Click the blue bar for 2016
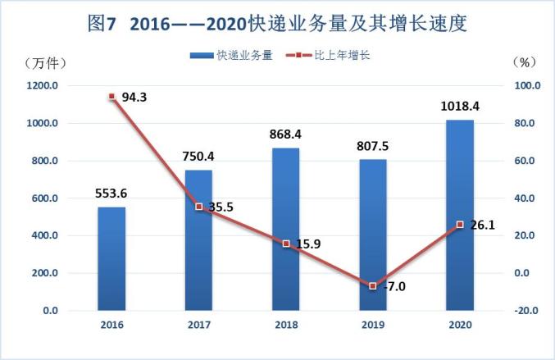(111, 259)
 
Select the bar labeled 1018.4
(460, 215)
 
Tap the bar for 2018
(285, 230)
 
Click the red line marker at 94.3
(111, 96)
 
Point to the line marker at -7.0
(373, 285)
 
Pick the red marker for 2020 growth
(460, 225)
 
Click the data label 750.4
(198, 157)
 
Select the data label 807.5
(372, 146)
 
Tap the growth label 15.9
(308, 244)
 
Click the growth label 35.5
(221, 207)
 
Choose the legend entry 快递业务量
(231, 55)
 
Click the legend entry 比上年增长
(328, 55)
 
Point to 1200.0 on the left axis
(43, 85)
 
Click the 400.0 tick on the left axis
(45, 235)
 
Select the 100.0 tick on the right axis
(527, 85)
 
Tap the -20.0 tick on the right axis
(526, 311)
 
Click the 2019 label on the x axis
(373, 325)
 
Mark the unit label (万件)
(45, 63)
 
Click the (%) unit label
(524, 62)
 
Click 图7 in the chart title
(102, 24)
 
